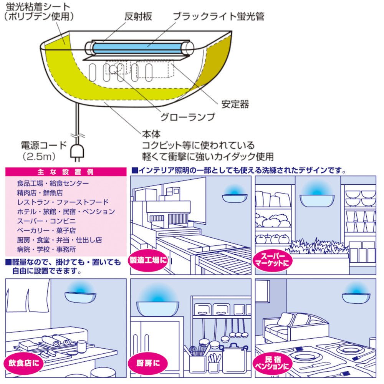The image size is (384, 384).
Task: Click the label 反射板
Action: click(138, 17)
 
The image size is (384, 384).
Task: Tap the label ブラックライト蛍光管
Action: click(218, 17)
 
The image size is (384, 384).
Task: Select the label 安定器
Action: click(235, 104)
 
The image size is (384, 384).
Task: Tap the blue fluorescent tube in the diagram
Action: click(138, 49)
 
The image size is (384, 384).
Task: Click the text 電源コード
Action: click(44, 146)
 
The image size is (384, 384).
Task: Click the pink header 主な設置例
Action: click(66, 172)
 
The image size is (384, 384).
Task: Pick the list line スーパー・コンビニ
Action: click(46, 221)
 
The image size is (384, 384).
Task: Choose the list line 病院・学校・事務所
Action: click(46, 249)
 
